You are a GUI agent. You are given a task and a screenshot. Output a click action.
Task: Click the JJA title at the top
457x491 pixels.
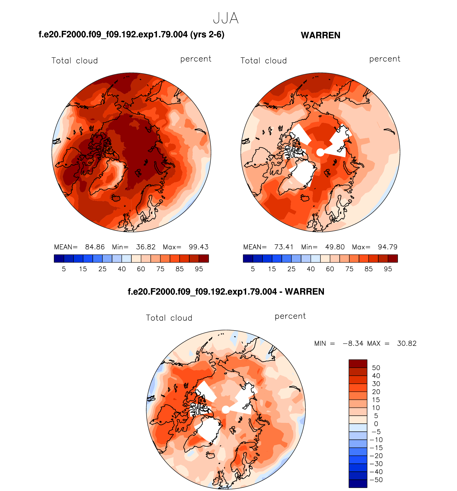click(226, 18)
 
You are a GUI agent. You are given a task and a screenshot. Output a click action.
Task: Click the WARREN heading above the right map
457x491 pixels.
click(320, 35)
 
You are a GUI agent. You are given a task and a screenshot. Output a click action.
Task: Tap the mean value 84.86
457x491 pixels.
click(95, 247)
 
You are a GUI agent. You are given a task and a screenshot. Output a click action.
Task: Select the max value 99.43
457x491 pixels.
click(199, 247)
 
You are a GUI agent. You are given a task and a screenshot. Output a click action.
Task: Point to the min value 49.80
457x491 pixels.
click(335, 247)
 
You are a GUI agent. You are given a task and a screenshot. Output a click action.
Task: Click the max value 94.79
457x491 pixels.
click(388, 247)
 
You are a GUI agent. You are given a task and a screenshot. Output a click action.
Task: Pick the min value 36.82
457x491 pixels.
click(146, 247)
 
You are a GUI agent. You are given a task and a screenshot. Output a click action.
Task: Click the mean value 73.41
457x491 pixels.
click(284, 247)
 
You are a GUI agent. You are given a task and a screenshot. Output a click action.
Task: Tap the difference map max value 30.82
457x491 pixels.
click(407, 343)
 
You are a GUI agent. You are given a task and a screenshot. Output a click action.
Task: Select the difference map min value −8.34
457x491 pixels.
click(353, 343)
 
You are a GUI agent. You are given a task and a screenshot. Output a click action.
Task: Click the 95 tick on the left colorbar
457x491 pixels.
click(199, 269)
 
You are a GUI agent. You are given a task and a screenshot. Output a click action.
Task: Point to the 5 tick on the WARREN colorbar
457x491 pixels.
click(253, 269)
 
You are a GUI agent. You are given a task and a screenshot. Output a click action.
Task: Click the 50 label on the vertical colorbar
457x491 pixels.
click(376, 368)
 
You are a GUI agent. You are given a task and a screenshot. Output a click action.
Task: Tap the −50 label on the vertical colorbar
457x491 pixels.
click(376, 480)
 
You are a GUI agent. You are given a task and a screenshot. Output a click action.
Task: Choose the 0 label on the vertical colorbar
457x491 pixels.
click(376, 424)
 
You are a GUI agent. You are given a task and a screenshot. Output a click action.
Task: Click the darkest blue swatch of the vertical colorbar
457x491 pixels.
click(358, 484)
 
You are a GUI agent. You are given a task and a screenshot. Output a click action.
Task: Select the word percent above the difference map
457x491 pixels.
click(290, 316)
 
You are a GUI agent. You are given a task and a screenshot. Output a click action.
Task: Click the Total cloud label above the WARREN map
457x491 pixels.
click(264, 61)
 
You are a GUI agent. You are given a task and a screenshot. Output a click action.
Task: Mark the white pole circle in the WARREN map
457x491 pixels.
click(320, 152)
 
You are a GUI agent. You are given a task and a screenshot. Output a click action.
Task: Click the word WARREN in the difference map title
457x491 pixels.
click(305, 292)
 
